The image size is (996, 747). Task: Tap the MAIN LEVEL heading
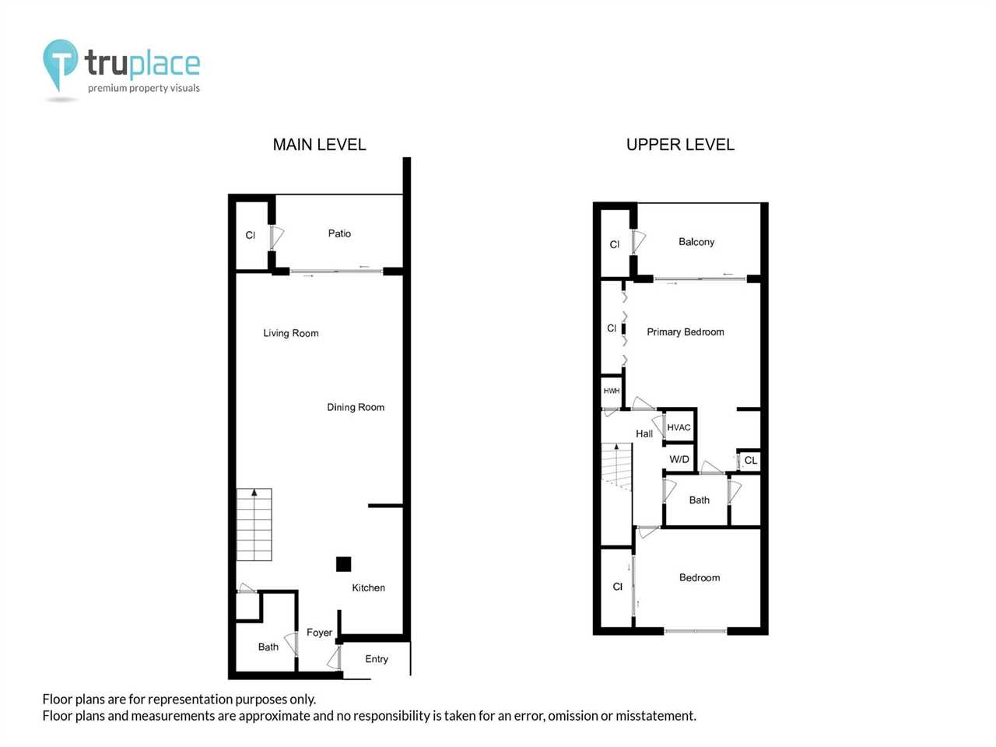tap(319, 145)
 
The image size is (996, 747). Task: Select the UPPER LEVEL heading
tap(680, 145)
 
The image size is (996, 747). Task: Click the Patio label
tap(339, 233)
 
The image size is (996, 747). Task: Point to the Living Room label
tap(291, 333)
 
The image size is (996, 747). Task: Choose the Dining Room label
tap(356, 407)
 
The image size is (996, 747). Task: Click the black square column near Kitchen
tap(343, 564)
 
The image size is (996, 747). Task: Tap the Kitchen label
tap(369, 587)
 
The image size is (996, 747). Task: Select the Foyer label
tap(320, 633)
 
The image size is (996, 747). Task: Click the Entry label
tap(377, 658)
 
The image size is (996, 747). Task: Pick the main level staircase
tap(254, 524)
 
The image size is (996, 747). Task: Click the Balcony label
tap(696, 242)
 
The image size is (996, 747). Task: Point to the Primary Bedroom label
tap(686, 331)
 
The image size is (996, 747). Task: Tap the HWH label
tap(611, 391)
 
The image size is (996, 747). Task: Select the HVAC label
tap(679, 427)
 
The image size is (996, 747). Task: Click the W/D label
tap(679, 459)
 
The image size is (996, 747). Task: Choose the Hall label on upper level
tap(644, 433)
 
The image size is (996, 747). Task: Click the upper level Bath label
tap(700, 500)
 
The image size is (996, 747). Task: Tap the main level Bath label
tap(268, 647)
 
